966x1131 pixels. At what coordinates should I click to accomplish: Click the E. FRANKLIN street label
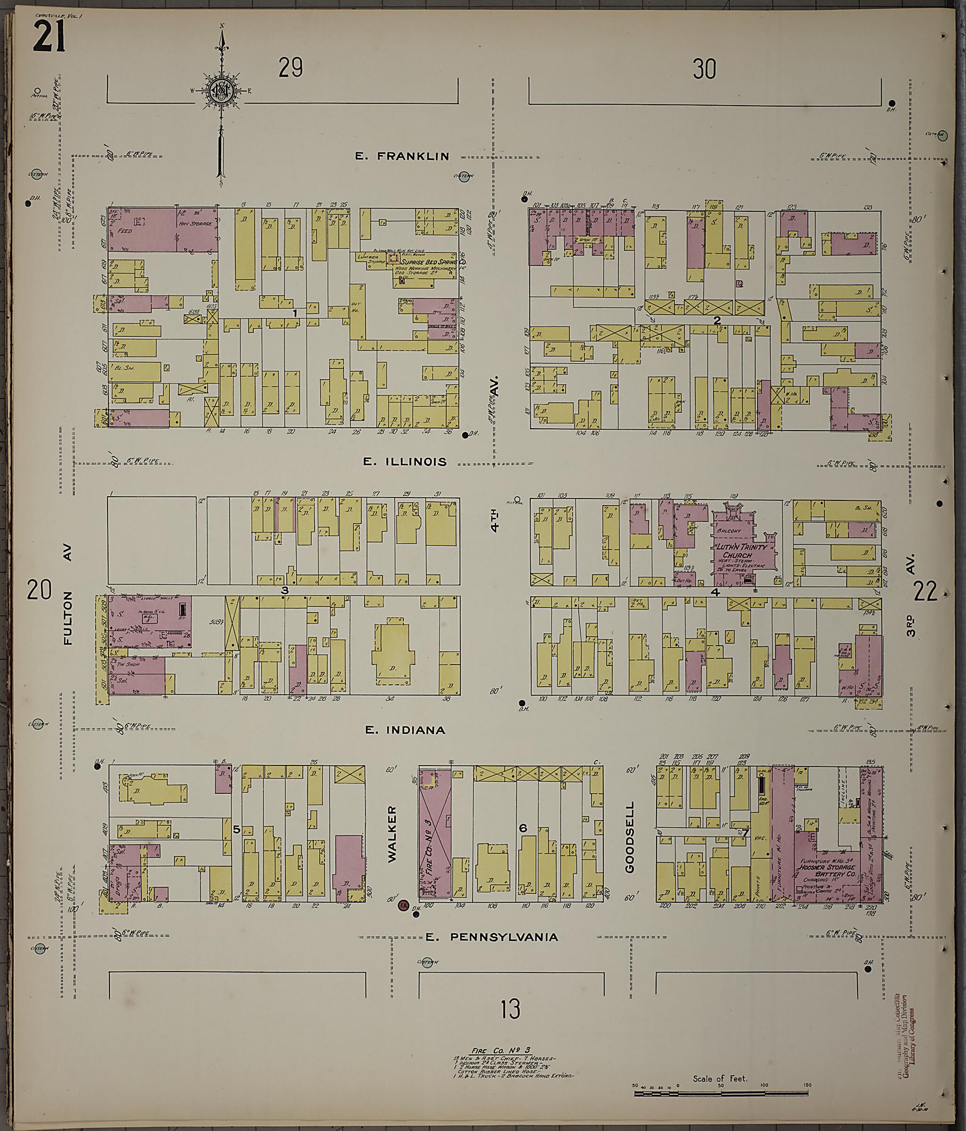[402, 156]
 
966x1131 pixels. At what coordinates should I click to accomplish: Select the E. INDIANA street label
[405, 730]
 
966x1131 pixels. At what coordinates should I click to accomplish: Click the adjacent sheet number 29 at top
[291, 69]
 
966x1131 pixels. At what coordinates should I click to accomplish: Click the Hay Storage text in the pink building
[193, 223]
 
